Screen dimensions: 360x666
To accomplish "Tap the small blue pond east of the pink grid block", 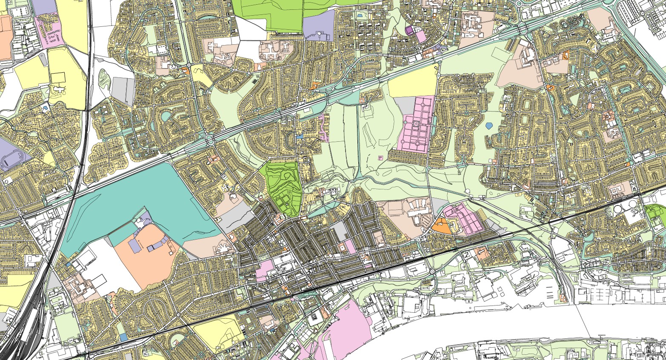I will pyautogui.click(x=489, y=126).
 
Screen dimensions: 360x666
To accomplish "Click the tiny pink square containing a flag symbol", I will pyautogui.click(x=380, y=157).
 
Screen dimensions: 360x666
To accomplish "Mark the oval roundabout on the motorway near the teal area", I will pyautogui.click(x=209, y=140).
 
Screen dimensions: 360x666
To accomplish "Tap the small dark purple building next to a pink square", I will pyautogui.click(x=409, y=30).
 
